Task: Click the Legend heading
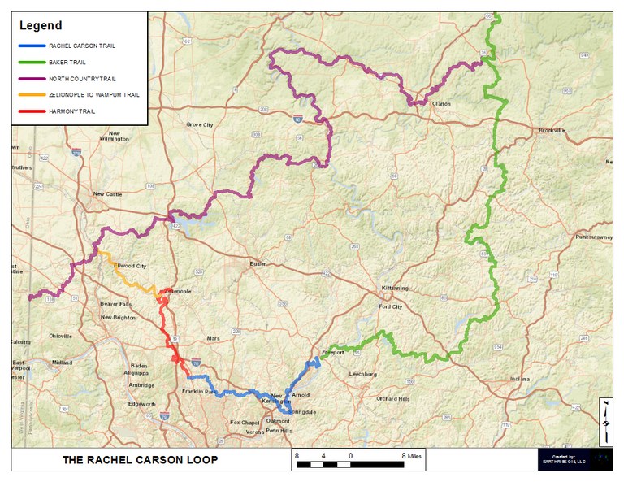[x=41, y=26]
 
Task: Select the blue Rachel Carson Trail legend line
[x=32, y=46]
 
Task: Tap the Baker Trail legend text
[x=67, y=62]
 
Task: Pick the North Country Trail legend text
[x=83, y=78]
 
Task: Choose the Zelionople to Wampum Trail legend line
[x=32, y=94]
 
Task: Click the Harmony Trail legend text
[x=72, y=111]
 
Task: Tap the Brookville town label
[x=556, y=130]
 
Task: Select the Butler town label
[x=258, y=263]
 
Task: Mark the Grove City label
[x=200, y=125]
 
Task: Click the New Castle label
[x=106, y=194]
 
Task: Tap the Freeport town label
[x=334, y=353]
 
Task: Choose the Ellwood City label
[x=130, y=266]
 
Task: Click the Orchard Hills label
[x=392, y=399]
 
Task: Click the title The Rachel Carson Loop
[x=141, y=460]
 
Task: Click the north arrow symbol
[x=605, y=422]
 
